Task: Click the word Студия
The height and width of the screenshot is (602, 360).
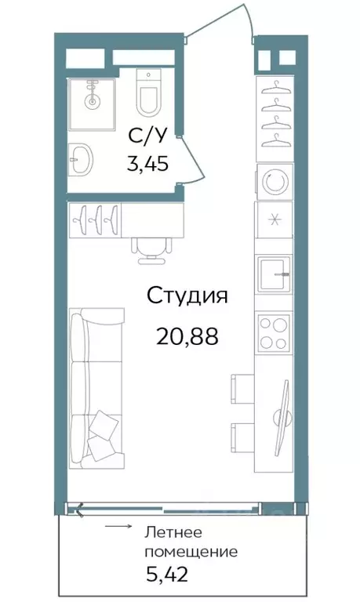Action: [187, 297]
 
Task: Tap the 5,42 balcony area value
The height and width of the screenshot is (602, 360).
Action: [166, 576]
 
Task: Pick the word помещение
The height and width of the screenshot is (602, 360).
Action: [191, 552]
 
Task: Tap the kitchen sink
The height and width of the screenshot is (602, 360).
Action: [274, 274]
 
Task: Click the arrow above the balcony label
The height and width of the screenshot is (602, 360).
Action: [118, 527]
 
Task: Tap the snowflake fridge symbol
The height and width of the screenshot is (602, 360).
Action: [274, 219]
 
